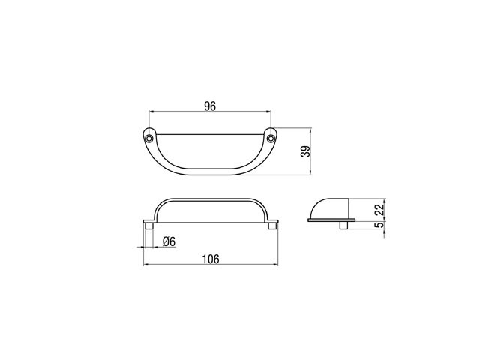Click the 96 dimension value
point(210,106)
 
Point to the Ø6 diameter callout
point(169,241)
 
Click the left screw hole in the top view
point(149,139)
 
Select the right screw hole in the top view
point(271,139)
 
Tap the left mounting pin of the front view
point(150,226)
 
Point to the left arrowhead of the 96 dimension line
point(151,113)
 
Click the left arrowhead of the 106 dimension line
point(145,265)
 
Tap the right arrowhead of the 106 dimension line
point(277,265)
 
